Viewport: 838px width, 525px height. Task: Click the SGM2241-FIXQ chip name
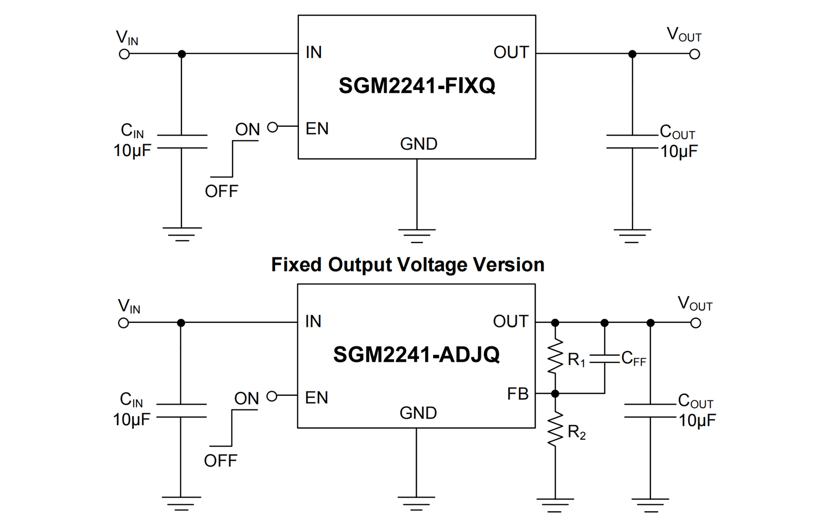pos(416,86)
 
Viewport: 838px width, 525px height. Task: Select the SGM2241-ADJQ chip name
pos(416,354)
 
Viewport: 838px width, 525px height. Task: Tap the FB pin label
pos(518,394)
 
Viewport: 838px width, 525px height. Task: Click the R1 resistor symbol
pos(555,357)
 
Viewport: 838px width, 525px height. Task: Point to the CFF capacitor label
pos(633,359)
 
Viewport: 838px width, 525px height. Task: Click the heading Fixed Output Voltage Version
pos(407,265)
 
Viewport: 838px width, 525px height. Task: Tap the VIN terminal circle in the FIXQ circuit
pos(124,54)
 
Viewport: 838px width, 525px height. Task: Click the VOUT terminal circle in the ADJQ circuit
pos(696,323)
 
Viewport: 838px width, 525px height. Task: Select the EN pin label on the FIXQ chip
pos(317,129)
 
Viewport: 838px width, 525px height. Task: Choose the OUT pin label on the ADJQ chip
pos(510,321)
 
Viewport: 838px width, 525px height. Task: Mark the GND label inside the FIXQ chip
pos(418,144)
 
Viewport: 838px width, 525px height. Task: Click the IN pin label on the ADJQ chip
pos(313,321)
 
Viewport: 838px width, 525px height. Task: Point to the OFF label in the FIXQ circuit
pos(221,192)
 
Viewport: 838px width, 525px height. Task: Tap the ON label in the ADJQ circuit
pos(247,399)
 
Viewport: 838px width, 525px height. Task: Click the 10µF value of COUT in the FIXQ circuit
pos(679,152)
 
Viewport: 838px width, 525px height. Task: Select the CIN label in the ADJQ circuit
pos(131,400)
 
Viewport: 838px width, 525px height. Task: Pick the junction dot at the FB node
pos(555,393)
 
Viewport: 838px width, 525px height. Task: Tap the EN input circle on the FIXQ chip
pos(273,127)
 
